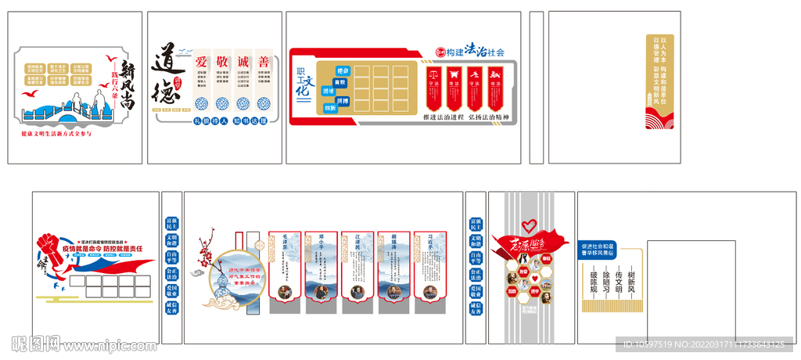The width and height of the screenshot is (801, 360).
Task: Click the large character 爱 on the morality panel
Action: click(201, 61)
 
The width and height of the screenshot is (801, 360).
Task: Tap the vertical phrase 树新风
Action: click(631, 283)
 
